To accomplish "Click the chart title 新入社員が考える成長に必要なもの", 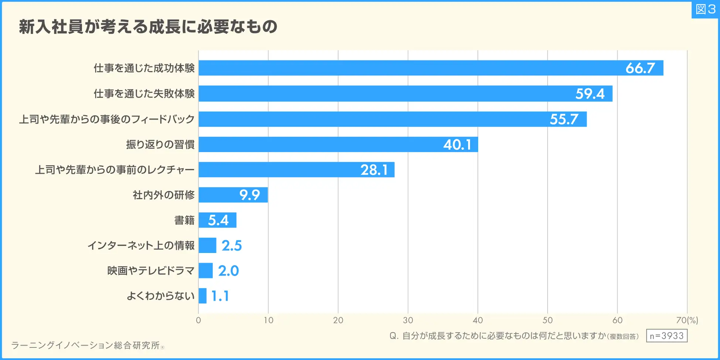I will click(148, 27).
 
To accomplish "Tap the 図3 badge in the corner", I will click(705, 9).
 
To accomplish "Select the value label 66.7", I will click(640, 68).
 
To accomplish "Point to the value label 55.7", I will click(564, 119).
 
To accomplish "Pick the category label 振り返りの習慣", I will click(160, 144).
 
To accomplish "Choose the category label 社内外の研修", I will click(164, 195).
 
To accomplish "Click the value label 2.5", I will click(232, 246).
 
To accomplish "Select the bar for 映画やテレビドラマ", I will click(206, 271).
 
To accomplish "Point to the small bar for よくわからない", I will click(202, 296).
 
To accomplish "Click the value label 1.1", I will click(220, 296).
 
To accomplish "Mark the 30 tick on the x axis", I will click(408, 320).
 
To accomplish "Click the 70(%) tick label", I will click(687, 320).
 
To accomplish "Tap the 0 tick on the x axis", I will click(199, 320).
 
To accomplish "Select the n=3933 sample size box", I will click(666, 336).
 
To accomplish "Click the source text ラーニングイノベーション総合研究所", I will click(86, 346).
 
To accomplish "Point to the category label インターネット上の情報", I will click(141, 246).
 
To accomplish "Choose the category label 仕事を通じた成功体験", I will click(144, 68).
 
